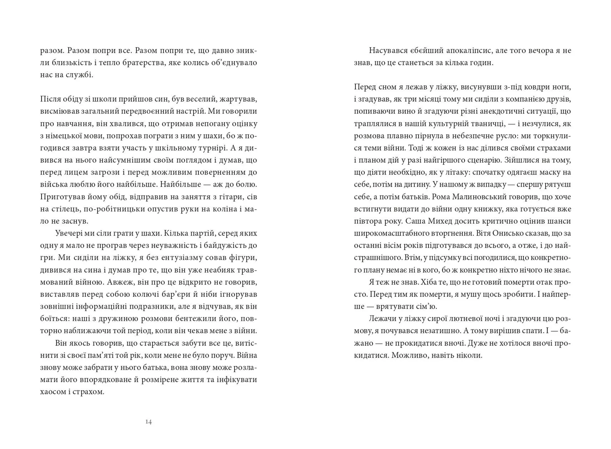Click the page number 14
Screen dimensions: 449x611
[x=149, y=422]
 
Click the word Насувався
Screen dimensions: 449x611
[x=387, y=51]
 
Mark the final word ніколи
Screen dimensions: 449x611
[x=469, y=355]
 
